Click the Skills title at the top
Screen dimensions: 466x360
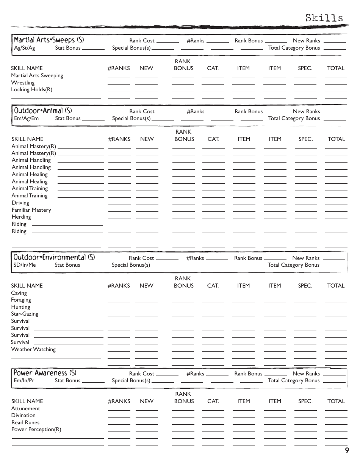(x=324, y=18)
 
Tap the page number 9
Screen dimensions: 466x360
(x=347, y=450)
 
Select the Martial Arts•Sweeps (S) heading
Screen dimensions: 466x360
(x=49, y=40)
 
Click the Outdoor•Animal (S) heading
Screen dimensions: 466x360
(x=43, y=111)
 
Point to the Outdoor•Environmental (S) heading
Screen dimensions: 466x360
(x=54, y=257)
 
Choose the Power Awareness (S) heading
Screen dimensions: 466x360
(x=45, y=373)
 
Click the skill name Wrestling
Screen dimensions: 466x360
(x=23, y=83)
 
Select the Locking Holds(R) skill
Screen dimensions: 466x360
(x=31, y=90)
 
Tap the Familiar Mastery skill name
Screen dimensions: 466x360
(x=31, y=210)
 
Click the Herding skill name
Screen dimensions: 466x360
(x=21, y=217)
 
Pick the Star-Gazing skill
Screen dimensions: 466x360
(x=25, y=314)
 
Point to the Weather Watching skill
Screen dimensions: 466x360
(x=33, y=349)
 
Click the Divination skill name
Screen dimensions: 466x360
(x=23, y=415)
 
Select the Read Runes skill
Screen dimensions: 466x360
(x=25, y=422)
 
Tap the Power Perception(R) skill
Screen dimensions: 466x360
(x=36, y=429)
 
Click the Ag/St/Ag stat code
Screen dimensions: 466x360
(x=24, y=48)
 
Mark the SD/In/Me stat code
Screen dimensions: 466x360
(x=25, y=265)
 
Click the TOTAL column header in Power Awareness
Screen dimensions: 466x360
(x=336, y=401)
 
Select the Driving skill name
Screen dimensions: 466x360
(x=20, y=203)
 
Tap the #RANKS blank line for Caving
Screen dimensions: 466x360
(x=119, y=294)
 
